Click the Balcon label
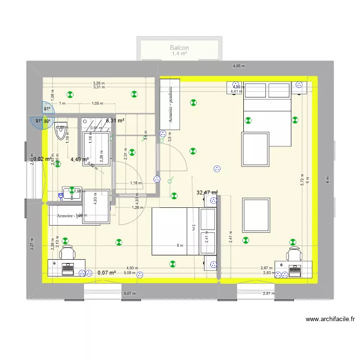179,48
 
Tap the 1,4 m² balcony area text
179,54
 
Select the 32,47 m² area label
207,192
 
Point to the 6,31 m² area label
115,120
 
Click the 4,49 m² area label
80,160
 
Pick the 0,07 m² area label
107,273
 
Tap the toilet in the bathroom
61,131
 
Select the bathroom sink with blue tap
71,193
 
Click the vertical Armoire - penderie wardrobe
170,104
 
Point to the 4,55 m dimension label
239,66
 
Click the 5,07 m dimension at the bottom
130,293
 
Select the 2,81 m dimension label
269,293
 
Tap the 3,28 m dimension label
99,83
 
